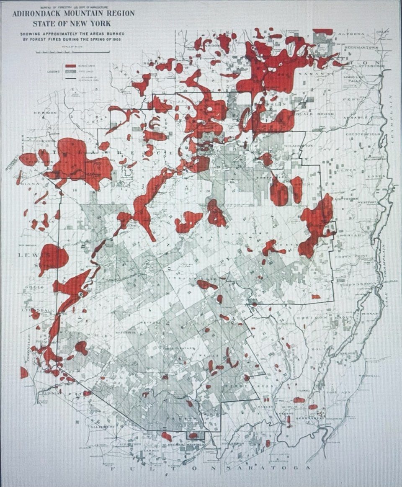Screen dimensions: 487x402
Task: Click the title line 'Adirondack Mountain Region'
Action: pyautogui.click(x=74, y=13)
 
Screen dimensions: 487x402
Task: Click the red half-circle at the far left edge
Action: pyautogui.click(x=23, y=372)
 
